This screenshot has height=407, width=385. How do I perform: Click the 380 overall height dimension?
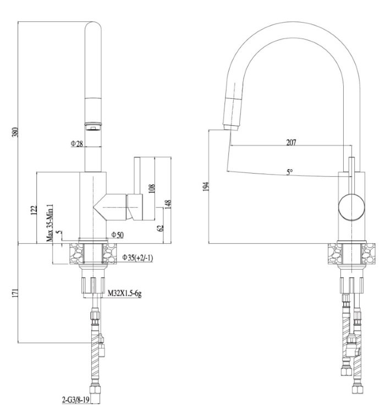click(15, 132)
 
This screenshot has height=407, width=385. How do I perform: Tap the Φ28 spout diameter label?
click(76, 143)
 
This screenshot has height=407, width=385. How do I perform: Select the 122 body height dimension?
click(34, 210)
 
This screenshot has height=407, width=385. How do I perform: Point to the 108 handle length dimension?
click(152, 188)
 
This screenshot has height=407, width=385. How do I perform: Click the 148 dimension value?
click(168, 204)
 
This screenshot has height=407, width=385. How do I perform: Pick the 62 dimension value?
click(161, 228)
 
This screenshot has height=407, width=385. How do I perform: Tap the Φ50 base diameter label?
click(118, 235)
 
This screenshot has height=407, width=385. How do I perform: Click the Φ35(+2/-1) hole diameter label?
click(138, 258)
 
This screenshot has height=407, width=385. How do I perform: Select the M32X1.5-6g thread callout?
click(124, 293)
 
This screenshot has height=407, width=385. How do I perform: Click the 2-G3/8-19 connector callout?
click(76, 400)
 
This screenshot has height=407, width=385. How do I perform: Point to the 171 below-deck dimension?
click(15, 293)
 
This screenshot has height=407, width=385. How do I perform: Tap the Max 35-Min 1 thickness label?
click(50, 222)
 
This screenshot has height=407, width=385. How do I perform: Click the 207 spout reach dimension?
click(291, 142)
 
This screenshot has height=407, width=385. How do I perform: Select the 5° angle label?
click(290, 172)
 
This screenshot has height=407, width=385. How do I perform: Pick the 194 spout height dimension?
click(206, 187)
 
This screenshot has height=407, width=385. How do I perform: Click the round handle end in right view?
click(351, 208)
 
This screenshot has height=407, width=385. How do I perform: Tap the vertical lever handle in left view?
click(137, 175)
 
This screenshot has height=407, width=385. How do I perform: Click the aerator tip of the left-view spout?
click(93, 126)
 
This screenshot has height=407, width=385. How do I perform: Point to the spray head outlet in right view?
click(231, 127)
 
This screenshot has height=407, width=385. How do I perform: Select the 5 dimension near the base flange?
click(60, 232)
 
